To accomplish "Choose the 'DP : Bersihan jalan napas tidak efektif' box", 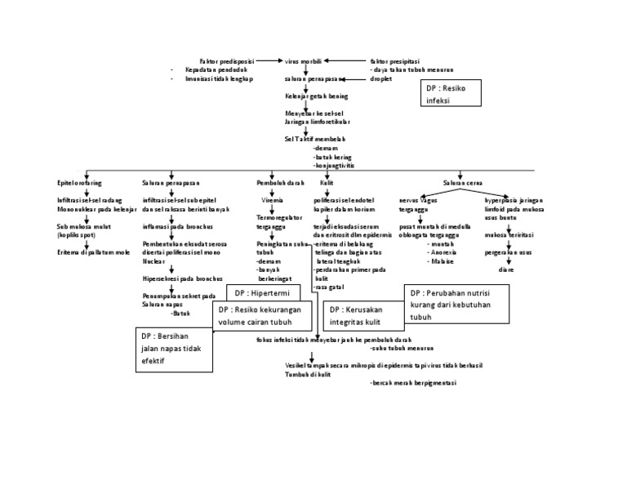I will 173,348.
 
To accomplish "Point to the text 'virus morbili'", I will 303,60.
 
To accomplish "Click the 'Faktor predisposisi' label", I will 227,60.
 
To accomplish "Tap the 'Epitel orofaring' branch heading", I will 78,184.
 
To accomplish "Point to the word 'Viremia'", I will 273,199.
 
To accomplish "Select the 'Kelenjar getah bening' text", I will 305,96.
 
